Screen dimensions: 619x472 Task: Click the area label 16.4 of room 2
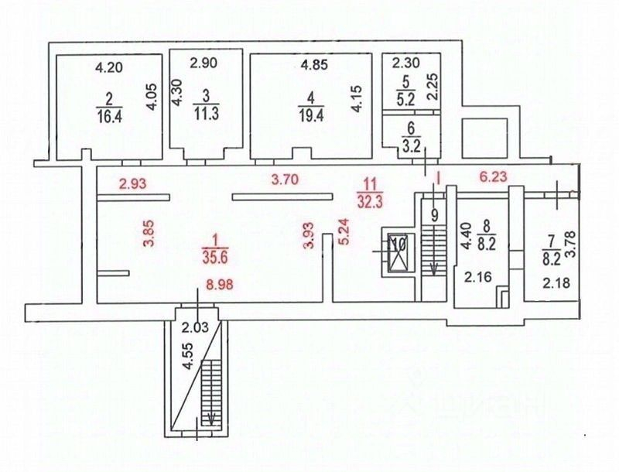tap(109, 116)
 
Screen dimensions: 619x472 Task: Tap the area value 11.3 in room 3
tap(207, 115)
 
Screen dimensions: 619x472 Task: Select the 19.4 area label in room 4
tap(312, 116)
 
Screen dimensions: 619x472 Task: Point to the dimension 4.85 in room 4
tap(314, 64)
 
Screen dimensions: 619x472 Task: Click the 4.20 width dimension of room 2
tap(109, 67)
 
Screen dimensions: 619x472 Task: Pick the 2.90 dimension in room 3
tap(203, 63)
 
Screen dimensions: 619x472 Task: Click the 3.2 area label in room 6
tap(411, 145)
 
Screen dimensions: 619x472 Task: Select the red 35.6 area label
tap(215, 258)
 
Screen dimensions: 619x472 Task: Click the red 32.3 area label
tap(369, 201)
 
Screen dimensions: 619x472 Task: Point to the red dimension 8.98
tap(217, 284)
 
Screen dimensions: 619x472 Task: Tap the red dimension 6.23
tap(494, 176)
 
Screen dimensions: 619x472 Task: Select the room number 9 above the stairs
tap(435, 215)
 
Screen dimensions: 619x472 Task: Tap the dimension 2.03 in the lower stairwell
tap(195, 327)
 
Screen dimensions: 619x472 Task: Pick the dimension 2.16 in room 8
tap(478, 278)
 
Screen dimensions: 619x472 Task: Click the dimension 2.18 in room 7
tap(556, 282)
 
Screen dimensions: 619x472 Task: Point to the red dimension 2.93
tap(132, 183)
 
